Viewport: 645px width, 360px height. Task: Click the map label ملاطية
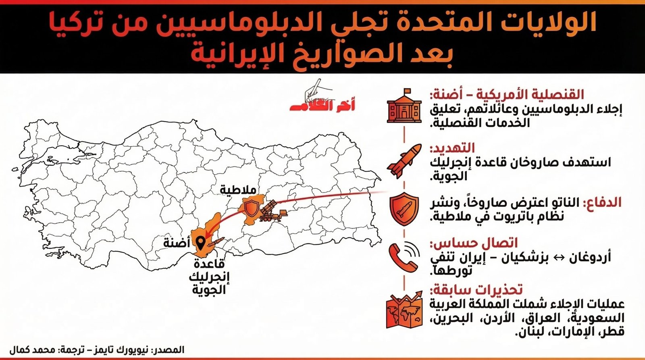[x=238, y=189]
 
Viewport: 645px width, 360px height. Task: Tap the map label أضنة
[x=177, y=243]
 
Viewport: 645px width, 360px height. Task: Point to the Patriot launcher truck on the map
[x=273, y=211]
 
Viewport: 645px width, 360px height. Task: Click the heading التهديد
[x=452, y=148]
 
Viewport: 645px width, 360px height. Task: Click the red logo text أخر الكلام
[x=323, y=106]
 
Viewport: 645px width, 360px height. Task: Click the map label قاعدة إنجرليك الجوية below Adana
[x=209, y=277]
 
